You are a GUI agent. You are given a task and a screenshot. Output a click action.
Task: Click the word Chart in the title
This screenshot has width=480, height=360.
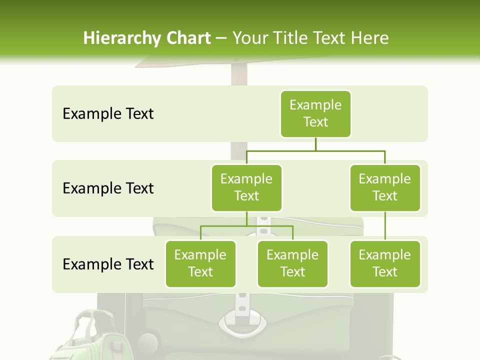[x=188, y=38]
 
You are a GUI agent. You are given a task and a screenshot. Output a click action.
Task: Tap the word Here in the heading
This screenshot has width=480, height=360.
[x=370, y=38]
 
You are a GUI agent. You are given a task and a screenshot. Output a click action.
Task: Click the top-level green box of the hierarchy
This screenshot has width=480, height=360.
[x=315, y=113]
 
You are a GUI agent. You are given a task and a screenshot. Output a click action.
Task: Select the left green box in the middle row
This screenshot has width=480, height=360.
[x=246, y=187]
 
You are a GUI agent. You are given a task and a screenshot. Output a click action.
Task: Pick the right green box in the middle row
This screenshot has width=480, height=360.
[x=385, y=187]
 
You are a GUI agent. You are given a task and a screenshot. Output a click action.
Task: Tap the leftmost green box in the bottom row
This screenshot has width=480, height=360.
[x=200, y=263]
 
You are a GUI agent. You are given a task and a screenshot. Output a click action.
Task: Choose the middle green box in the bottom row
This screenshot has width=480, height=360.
[x=292, y=263]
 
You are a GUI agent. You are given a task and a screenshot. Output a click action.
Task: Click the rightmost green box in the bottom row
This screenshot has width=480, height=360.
[x=385, y=263]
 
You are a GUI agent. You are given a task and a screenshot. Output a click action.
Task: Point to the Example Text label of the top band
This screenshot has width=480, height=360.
[x=108, y=114]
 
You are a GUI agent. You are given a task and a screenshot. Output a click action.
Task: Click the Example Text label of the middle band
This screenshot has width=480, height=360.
[x=108, y=188]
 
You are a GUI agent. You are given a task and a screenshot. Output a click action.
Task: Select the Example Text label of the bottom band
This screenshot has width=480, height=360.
[x=108, y=264]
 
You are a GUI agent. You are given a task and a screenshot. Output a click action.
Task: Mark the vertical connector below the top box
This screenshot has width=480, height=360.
[x=315, y=144]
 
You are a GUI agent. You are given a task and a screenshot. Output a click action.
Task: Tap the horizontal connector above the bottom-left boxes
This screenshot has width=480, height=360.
[x=246, y=226]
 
